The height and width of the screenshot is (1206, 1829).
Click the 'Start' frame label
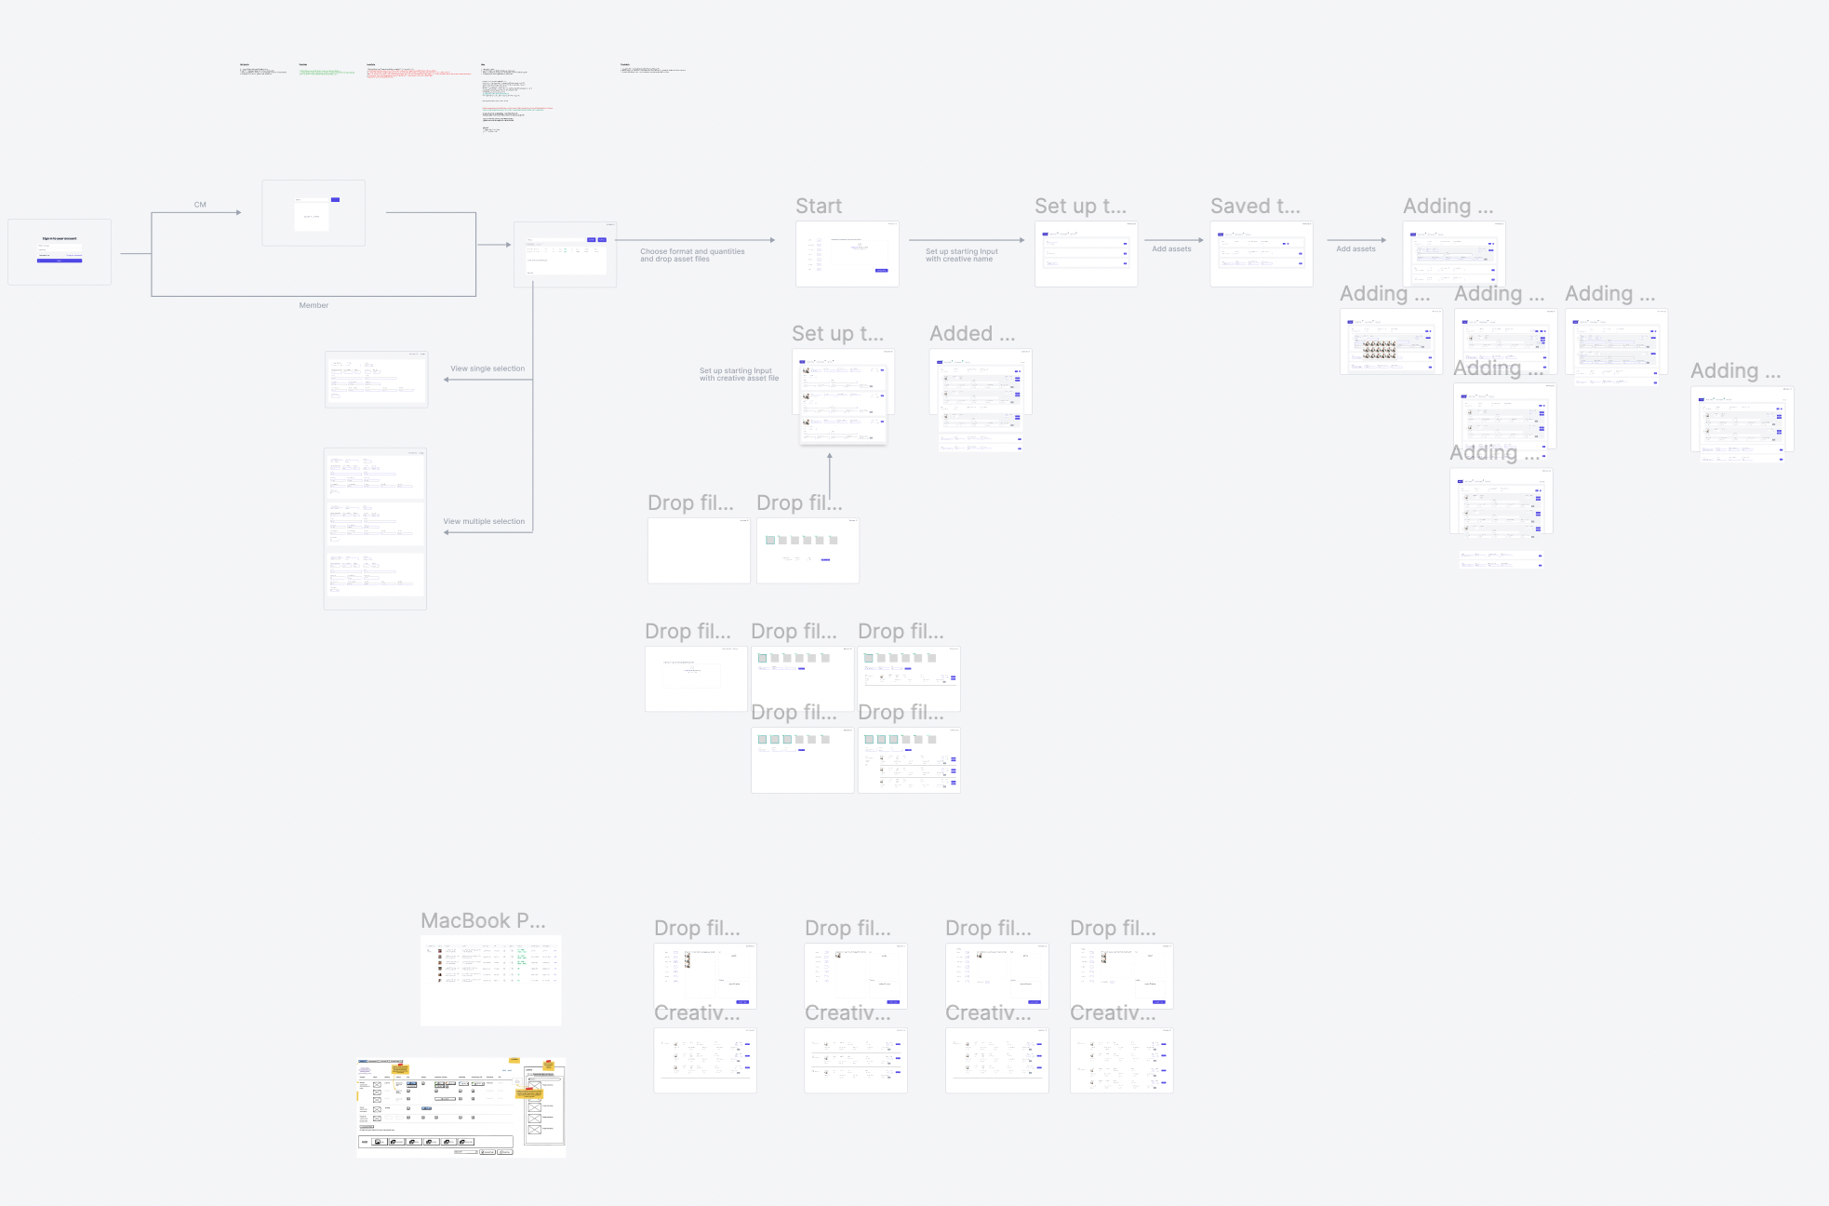(818, 207)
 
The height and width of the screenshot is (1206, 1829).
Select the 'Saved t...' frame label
(1255, 207)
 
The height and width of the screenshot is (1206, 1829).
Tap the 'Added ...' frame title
(972, 334)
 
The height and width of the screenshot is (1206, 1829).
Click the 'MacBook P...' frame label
(483, 921)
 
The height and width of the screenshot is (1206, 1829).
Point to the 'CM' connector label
(200, 205)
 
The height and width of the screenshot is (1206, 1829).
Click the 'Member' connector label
(314, 305)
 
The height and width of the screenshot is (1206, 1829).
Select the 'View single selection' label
(487, 368)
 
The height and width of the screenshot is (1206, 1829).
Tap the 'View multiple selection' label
(484, 521)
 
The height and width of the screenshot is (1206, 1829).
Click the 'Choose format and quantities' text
(692, 251)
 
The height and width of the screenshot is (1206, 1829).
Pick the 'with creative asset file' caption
(739, 379)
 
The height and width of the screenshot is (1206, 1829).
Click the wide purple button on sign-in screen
(60, 261)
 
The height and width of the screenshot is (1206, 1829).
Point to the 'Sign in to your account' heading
(60, 238)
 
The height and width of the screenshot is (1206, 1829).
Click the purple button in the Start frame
(881, 270)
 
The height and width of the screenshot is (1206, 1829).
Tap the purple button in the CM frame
(335, 199)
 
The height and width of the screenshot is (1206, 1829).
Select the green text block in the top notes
(327, 72)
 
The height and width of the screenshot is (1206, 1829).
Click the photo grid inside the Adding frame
(1380, 349)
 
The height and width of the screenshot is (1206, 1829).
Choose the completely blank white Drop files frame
(699, 551)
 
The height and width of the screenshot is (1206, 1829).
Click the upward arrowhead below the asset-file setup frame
(830, 456)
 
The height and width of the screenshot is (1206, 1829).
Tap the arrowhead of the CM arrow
(239, 213)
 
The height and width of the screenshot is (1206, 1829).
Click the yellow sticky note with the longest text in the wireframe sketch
(528, 1093)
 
